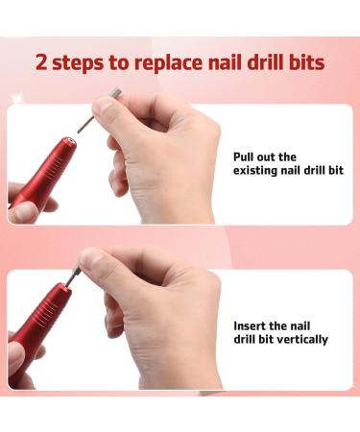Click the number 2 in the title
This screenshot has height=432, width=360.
tap(42, 64)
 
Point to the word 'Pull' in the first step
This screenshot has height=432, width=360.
tap(245, 156)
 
